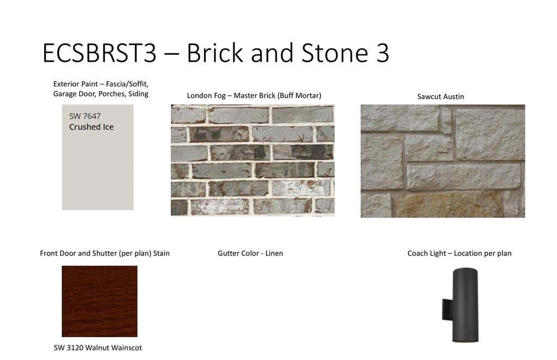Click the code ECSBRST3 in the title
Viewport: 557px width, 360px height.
click(100, 53)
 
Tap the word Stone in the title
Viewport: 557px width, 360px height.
click(335, 53)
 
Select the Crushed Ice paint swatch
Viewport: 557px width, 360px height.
click(98, 157)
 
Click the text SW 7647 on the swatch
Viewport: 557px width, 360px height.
click(85, 116)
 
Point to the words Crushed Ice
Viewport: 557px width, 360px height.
click(91, 127)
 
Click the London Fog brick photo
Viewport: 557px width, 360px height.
click(252, 160)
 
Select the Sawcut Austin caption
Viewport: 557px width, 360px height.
click(441, 97)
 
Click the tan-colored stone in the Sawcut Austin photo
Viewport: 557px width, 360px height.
click(448, 204)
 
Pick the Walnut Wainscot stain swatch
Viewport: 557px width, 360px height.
click(100, 301)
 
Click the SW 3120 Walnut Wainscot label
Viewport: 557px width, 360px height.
click(98, 348)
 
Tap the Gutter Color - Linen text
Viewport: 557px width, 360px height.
click(250, 253)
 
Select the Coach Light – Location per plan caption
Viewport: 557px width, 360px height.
click(459, 253)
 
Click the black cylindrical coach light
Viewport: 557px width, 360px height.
click(465, 305)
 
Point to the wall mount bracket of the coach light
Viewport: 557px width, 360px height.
click(447, 309)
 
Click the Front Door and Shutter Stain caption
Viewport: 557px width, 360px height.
click(105, 253)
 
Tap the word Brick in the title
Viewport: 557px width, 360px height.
click(214, 53)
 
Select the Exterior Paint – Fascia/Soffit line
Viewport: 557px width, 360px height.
click(101, 84)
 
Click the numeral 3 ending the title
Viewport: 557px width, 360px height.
click(382, 53)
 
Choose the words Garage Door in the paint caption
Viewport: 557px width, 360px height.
click(74, 94)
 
